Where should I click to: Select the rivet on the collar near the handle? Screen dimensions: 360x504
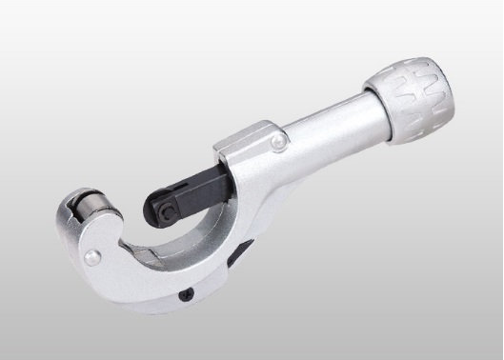[x=276, y=144]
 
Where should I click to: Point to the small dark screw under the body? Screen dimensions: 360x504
[x=187, y=292]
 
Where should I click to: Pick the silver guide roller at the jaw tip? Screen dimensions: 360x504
[x=85, y=205]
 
